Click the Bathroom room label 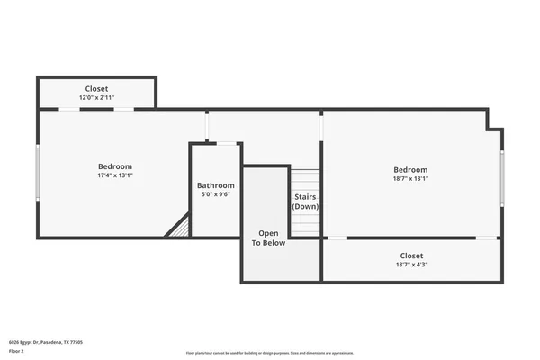(215, 185)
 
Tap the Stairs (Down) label (305, 201)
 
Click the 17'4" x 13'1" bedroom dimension (115, 175)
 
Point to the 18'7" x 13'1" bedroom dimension (410, 178)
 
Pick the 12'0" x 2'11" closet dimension (97, 97)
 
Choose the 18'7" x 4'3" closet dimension (410, 265)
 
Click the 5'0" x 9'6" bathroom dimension (215, 194)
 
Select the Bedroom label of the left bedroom (115, 166)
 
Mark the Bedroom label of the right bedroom (410, 169)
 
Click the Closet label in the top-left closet (97, 89)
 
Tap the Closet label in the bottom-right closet (410, 256)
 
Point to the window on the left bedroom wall (38, 173)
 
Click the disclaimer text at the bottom (270, 353)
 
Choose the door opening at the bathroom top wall (229, 143)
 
